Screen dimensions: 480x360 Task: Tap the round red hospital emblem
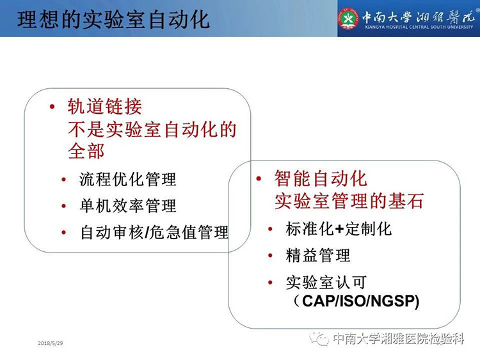348,19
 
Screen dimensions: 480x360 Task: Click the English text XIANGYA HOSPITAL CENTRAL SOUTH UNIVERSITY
419,27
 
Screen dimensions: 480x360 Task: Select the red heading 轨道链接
105,106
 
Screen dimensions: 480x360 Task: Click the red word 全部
86,151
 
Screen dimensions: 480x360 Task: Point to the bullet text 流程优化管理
127,179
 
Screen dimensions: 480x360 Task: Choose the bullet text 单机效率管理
127,205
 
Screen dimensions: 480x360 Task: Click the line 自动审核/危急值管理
154,232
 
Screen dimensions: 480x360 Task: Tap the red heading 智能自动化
321,178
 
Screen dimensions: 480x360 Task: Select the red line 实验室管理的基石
349,201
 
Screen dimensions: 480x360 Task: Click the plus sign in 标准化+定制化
338,230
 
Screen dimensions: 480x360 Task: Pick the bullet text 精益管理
317,255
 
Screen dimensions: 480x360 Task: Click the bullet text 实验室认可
326,282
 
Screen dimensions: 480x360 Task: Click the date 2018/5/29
51,343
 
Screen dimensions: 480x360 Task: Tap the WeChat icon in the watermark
319,338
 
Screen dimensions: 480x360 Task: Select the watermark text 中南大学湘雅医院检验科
399,339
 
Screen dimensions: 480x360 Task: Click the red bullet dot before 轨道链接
52,106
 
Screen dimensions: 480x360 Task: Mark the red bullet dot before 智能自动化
259,178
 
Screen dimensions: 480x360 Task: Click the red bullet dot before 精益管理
270,255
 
